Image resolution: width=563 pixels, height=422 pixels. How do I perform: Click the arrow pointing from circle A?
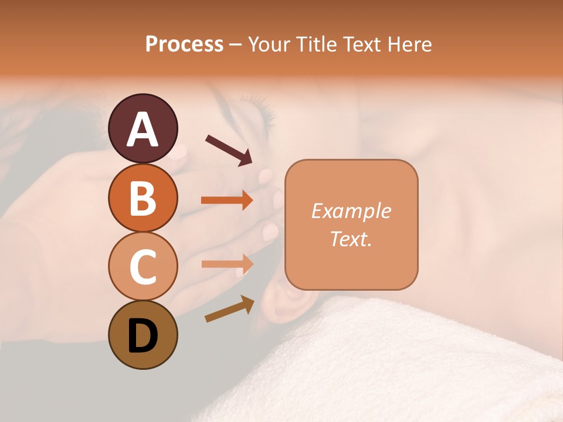pyautogui.click(x=228, y=149)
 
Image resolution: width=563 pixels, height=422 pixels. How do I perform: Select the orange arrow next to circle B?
pyautogui.click(x=227, y=200)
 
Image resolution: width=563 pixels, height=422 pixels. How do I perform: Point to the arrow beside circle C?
pyautogui.click(x=227, y=264)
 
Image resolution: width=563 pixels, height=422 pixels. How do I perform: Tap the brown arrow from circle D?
pyautogui.click(x=229, y=309)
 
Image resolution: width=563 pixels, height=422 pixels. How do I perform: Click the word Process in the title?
pyautogui.click(x=184, y=45)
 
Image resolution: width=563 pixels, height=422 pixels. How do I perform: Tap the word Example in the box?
pyautogui.click(x=351, y=211)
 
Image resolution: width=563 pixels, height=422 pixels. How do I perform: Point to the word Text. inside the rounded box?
pyautogui.click(x=351, y=239)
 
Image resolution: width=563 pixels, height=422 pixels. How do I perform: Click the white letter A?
pyautogui.click(x=143, y=130)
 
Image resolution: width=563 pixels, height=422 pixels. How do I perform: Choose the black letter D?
pyautogui.click(x=143, y=336)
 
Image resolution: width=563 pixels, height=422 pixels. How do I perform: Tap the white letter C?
pyautogui.click(x=143, y=267)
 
